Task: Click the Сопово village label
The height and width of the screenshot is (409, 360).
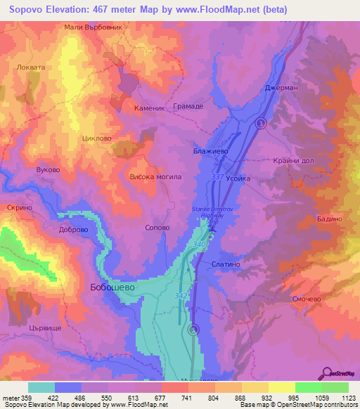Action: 156,228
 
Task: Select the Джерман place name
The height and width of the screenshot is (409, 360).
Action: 281,89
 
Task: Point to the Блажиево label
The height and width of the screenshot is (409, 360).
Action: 210,150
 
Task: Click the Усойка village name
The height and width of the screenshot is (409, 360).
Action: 238,178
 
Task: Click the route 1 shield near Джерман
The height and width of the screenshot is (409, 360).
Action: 261,123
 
